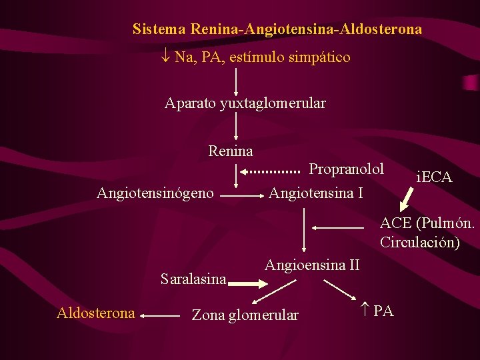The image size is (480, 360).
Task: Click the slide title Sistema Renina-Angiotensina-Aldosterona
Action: tap(277, 29)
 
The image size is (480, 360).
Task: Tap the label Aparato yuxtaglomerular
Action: tap(245, 103)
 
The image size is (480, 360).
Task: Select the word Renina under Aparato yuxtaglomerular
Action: tap(231, 151)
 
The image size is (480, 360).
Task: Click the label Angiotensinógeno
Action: tap(155, 193)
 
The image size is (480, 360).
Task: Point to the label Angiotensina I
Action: tap(316, 193)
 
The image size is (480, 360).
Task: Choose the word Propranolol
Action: tap(347, 168)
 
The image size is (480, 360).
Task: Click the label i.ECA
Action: tap(434, 177)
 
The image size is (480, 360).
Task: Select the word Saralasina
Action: tap(194, 279)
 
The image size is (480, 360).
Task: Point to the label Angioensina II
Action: tap(312, 265)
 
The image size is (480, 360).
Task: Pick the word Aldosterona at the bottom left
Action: tap(96, 313)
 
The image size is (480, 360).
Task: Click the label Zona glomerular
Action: tap(245, 315)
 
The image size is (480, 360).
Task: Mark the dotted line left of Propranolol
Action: tap(275, 171)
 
